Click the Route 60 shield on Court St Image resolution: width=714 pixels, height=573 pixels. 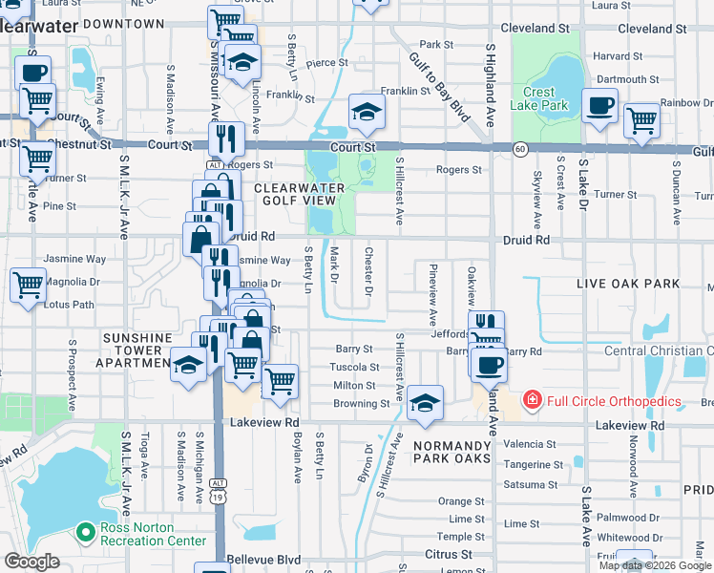click(520, 149)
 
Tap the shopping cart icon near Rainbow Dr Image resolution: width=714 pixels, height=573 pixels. click(641, 120)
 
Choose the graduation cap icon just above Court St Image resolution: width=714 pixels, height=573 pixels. click(366, 113)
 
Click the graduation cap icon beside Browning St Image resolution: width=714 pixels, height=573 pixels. click(425, 402)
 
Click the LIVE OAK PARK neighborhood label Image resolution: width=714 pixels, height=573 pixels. click(628, 284)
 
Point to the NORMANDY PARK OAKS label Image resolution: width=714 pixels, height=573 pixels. click(451, 452)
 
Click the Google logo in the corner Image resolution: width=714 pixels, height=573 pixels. click(31, 562)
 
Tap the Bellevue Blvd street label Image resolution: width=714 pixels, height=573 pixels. click(263, 560)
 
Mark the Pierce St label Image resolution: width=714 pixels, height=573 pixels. click(326, 63)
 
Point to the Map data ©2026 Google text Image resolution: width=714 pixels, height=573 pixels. click(655, 565)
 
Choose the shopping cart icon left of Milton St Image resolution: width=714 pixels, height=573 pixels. click(280, 379)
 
